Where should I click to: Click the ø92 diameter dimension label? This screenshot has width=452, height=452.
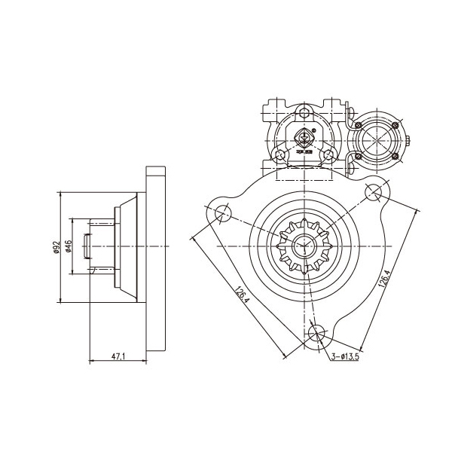click(56, 248)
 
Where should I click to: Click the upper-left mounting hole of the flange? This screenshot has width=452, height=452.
click(222, 215)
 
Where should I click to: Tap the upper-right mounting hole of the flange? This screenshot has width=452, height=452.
click(374, 192)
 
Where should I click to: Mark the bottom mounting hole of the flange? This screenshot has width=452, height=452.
click(317, 332)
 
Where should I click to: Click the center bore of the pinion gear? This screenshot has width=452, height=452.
click(306, 244)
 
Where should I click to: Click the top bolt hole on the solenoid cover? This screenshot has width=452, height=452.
click(304, 113)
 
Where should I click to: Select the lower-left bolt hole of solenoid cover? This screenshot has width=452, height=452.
click(280, 154)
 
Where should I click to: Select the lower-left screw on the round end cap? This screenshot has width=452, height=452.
click(359, 156)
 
